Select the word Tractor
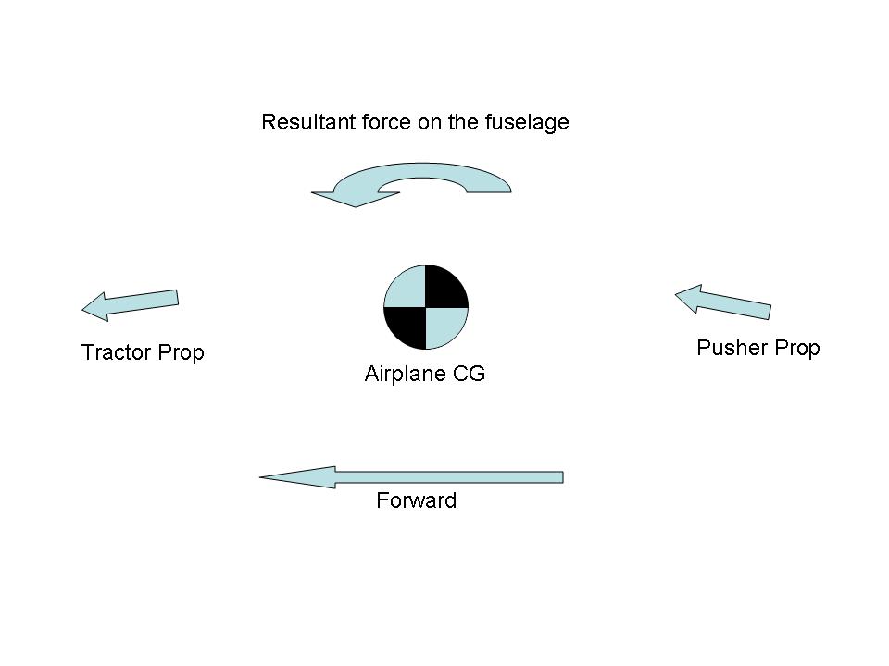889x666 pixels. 116,352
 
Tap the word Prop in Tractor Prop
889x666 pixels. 181,352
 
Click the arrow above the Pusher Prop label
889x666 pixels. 723,302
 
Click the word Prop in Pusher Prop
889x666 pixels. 796,348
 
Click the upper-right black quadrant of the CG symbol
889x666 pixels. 444,287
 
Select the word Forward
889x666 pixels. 416,501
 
